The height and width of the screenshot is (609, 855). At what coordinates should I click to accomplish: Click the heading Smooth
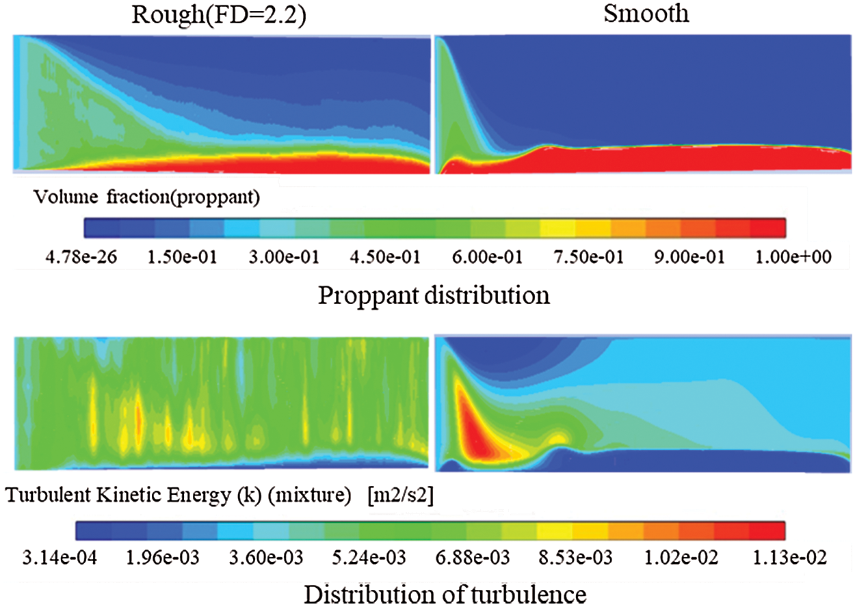click(x=646, y=14)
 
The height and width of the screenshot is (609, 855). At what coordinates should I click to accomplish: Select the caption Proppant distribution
click(x=434, y=296)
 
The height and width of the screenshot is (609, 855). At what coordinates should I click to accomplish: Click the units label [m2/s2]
click(x=395, y=496)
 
